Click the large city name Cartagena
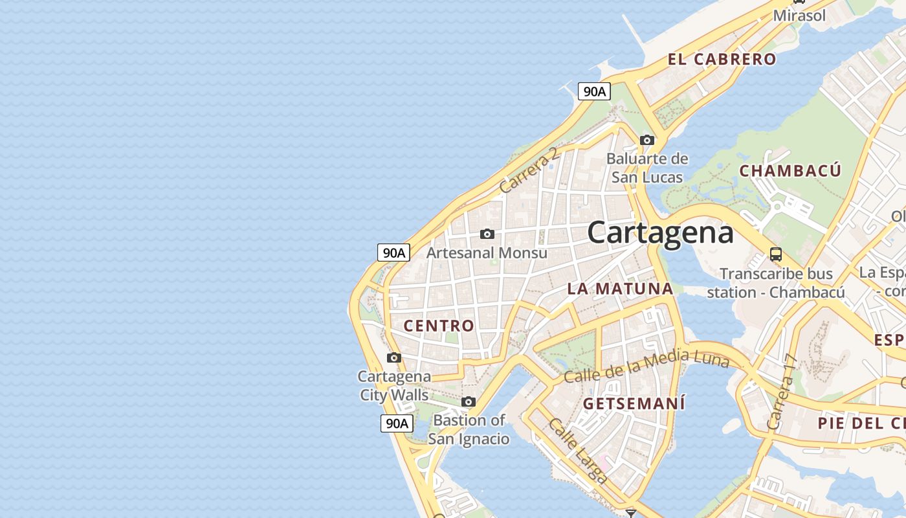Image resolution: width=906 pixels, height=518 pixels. point(660,232)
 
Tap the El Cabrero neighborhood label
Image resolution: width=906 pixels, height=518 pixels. point(722,60)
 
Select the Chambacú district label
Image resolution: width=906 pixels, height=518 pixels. point(790,171)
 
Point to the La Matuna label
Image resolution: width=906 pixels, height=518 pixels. point(620,289)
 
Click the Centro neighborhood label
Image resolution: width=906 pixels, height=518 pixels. point(439,326)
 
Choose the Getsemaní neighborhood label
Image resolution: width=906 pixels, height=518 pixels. point(634,403)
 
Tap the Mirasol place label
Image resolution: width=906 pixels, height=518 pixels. point(800,16)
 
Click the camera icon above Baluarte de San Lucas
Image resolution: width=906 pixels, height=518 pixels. point(646,140)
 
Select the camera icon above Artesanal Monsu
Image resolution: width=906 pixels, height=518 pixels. point(487,234)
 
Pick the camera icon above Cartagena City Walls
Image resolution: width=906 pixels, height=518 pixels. point(393,357)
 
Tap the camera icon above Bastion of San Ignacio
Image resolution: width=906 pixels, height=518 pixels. point(469,401)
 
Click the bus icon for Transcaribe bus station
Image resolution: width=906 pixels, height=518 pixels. point(775,254)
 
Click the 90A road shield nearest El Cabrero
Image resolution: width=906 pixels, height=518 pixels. point(594,91)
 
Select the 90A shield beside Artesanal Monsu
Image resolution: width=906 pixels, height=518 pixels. point(393,253)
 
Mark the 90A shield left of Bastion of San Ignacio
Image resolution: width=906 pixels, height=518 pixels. point(396,423)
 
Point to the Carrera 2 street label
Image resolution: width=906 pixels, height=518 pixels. point(529,170)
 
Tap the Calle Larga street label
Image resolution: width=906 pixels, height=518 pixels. point(578,451)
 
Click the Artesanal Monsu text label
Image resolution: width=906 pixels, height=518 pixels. point(487,253)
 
